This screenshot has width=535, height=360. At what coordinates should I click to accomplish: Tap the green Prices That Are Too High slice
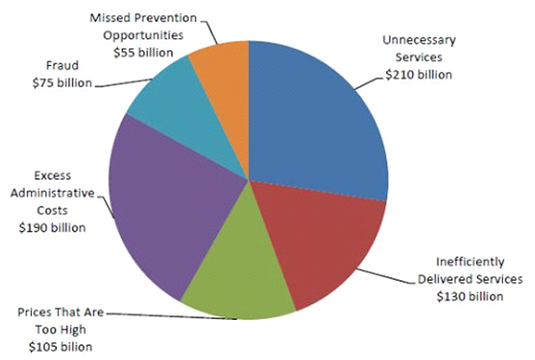(236, 276)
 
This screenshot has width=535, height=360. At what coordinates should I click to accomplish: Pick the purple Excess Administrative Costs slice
(169, 205)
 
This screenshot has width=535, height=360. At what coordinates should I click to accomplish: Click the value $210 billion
(418, 75)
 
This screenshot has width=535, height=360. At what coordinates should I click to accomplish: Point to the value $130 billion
(469, 297)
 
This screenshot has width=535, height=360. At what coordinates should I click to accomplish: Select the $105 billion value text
(61, 347)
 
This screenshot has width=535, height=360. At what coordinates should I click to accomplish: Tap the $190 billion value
(53, 227)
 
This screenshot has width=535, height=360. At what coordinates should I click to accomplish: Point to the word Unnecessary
(419, 40)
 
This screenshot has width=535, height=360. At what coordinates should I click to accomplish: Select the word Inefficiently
(470, 262)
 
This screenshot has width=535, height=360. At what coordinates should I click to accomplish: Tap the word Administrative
(53, 193)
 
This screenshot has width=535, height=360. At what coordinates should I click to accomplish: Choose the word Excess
(53, 176)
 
